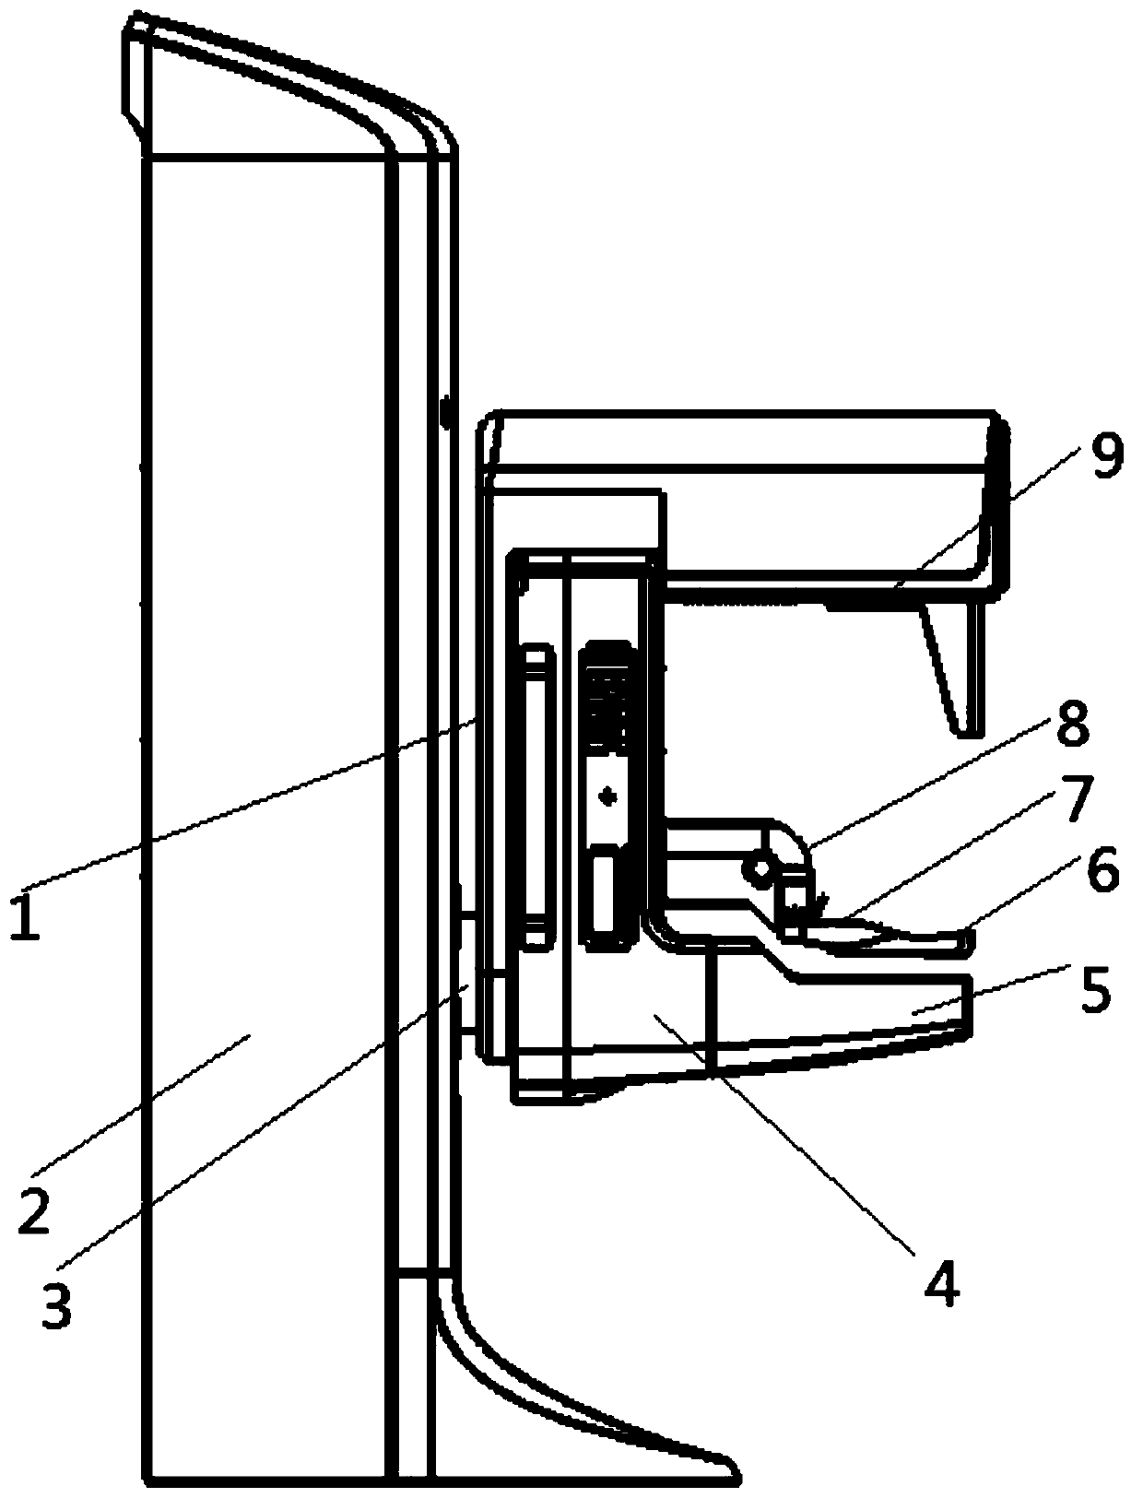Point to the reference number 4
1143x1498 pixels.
coord(941,1282)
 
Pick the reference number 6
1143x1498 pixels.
coord(1102,871)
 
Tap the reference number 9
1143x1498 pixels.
coord(1105,456)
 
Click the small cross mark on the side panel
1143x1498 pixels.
coord(607,795)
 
